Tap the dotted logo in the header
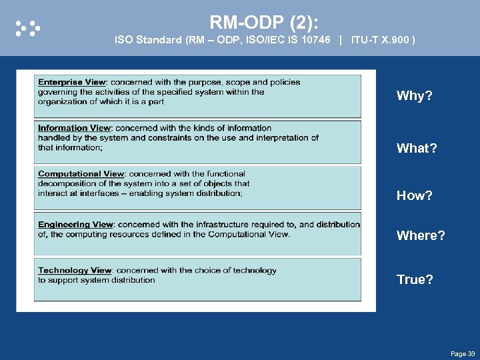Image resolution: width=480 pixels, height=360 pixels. point(28,28)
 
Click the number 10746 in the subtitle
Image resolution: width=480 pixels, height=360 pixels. point(315,41)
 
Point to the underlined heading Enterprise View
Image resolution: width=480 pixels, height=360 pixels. point(71,83)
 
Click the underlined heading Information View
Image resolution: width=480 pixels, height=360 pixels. point(74,128)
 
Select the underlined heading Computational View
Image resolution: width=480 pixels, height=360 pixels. point(81,174)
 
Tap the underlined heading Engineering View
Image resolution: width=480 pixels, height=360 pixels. point(75,225)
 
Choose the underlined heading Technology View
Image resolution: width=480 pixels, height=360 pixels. point(75,271)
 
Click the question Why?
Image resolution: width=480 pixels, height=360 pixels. point(414,96)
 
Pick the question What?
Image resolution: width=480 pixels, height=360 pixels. point(417,149)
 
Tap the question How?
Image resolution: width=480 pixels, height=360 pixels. point(414,196)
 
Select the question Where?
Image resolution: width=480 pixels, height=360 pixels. point(421,236)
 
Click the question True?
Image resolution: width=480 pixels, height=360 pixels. point(415,280)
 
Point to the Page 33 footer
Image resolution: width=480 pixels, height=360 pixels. point(463,353)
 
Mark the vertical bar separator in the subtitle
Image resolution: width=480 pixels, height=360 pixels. point(341,41)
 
